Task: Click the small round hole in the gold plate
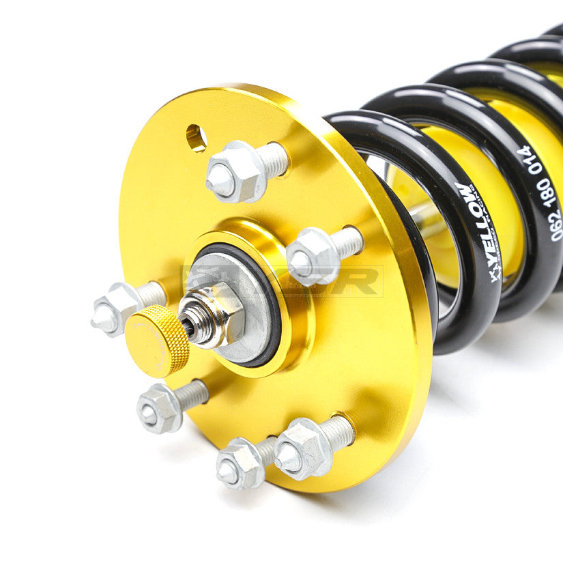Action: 196,138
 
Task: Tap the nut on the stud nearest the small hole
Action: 233,173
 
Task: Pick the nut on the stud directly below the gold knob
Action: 159,407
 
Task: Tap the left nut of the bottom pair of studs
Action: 239,462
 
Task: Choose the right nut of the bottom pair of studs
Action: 302,448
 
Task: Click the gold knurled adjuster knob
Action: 158,341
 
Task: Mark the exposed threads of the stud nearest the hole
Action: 274,159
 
